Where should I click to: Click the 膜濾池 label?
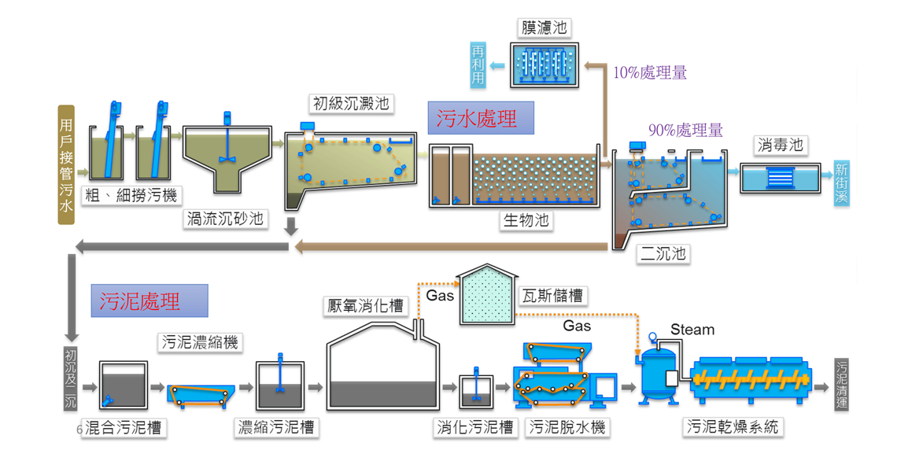coord(544,28)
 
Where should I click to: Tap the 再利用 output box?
coord(478,65)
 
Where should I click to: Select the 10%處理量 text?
coord(649,72)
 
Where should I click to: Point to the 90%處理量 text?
coord(685,131)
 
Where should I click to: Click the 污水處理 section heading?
coord(481,118)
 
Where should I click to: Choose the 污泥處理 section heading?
coord(149,301)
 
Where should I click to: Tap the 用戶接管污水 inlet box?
coord(66,164)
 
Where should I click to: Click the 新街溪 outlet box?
coord(841,183)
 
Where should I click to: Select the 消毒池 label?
coord(781,146)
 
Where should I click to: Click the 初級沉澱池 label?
coord(351,104)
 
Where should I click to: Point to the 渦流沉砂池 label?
coord(225,219)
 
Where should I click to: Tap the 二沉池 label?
coord(663,253)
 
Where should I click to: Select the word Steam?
coord(692,330)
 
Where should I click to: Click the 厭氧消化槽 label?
coord(365,306)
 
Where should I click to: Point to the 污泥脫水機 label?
coord(567,427)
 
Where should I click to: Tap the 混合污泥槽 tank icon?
coord(123,385)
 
